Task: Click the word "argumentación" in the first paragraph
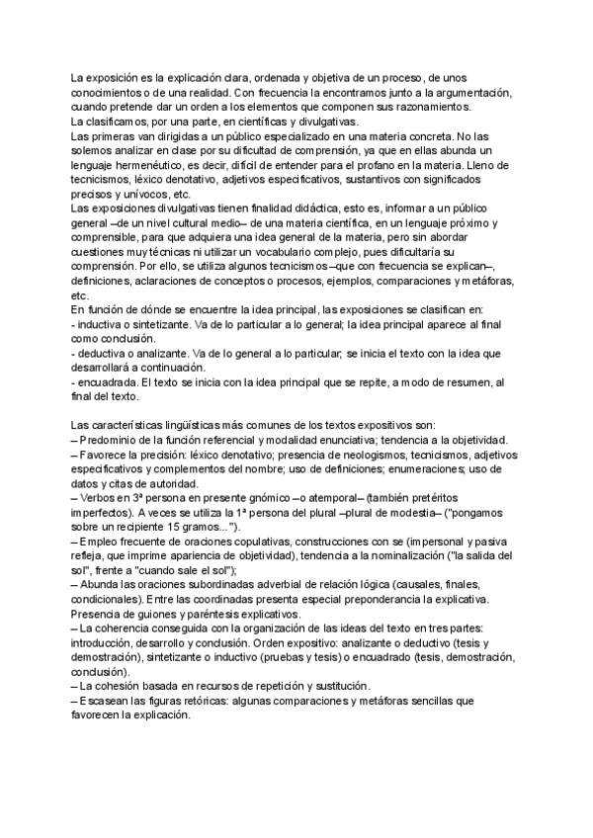[472, 92]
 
